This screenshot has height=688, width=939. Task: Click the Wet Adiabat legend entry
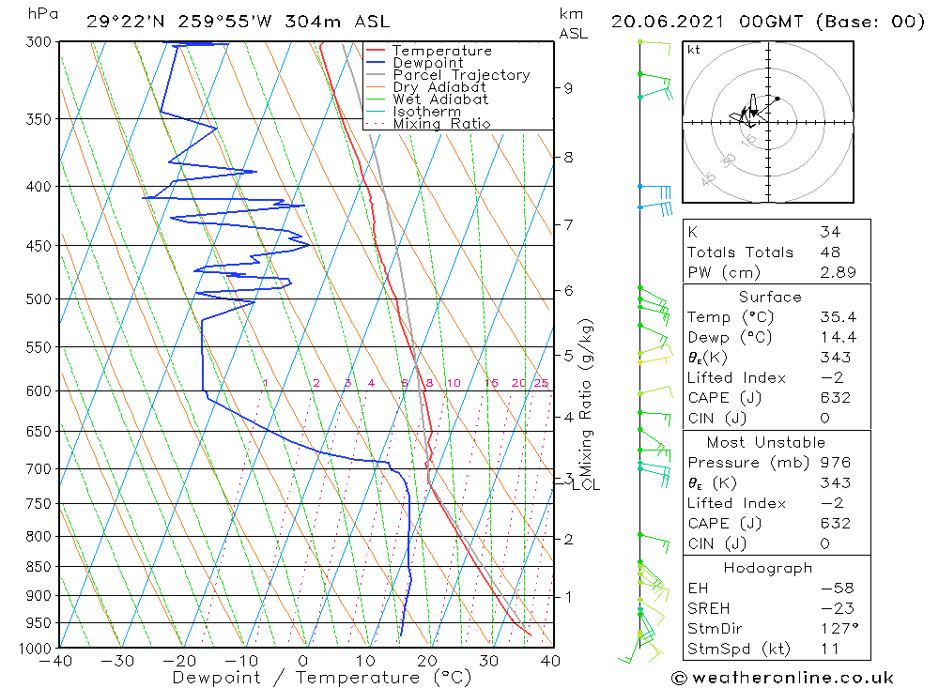pyautogui.click(x=439, y=99)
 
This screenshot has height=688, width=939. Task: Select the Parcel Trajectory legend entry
pyautogui.click(x=460, y=75)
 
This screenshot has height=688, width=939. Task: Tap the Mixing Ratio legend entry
pyautogui.click(x=441, y=124)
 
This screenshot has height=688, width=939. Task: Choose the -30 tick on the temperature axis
pyautogui.click(x=118, y=661)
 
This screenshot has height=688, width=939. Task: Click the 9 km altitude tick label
pyautogui.click(x=568, y=88)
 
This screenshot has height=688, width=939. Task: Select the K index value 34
pyautogui.click(x=829, y=232)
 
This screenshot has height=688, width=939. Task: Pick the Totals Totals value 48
pyautogui.click(x=829, y=252)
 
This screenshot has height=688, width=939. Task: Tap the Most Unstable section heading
pyautogui.click(x=766, y=442)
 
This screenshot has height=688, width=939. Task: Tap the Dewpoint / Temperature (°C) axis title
pyautogui.click(x=322, y=678)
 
